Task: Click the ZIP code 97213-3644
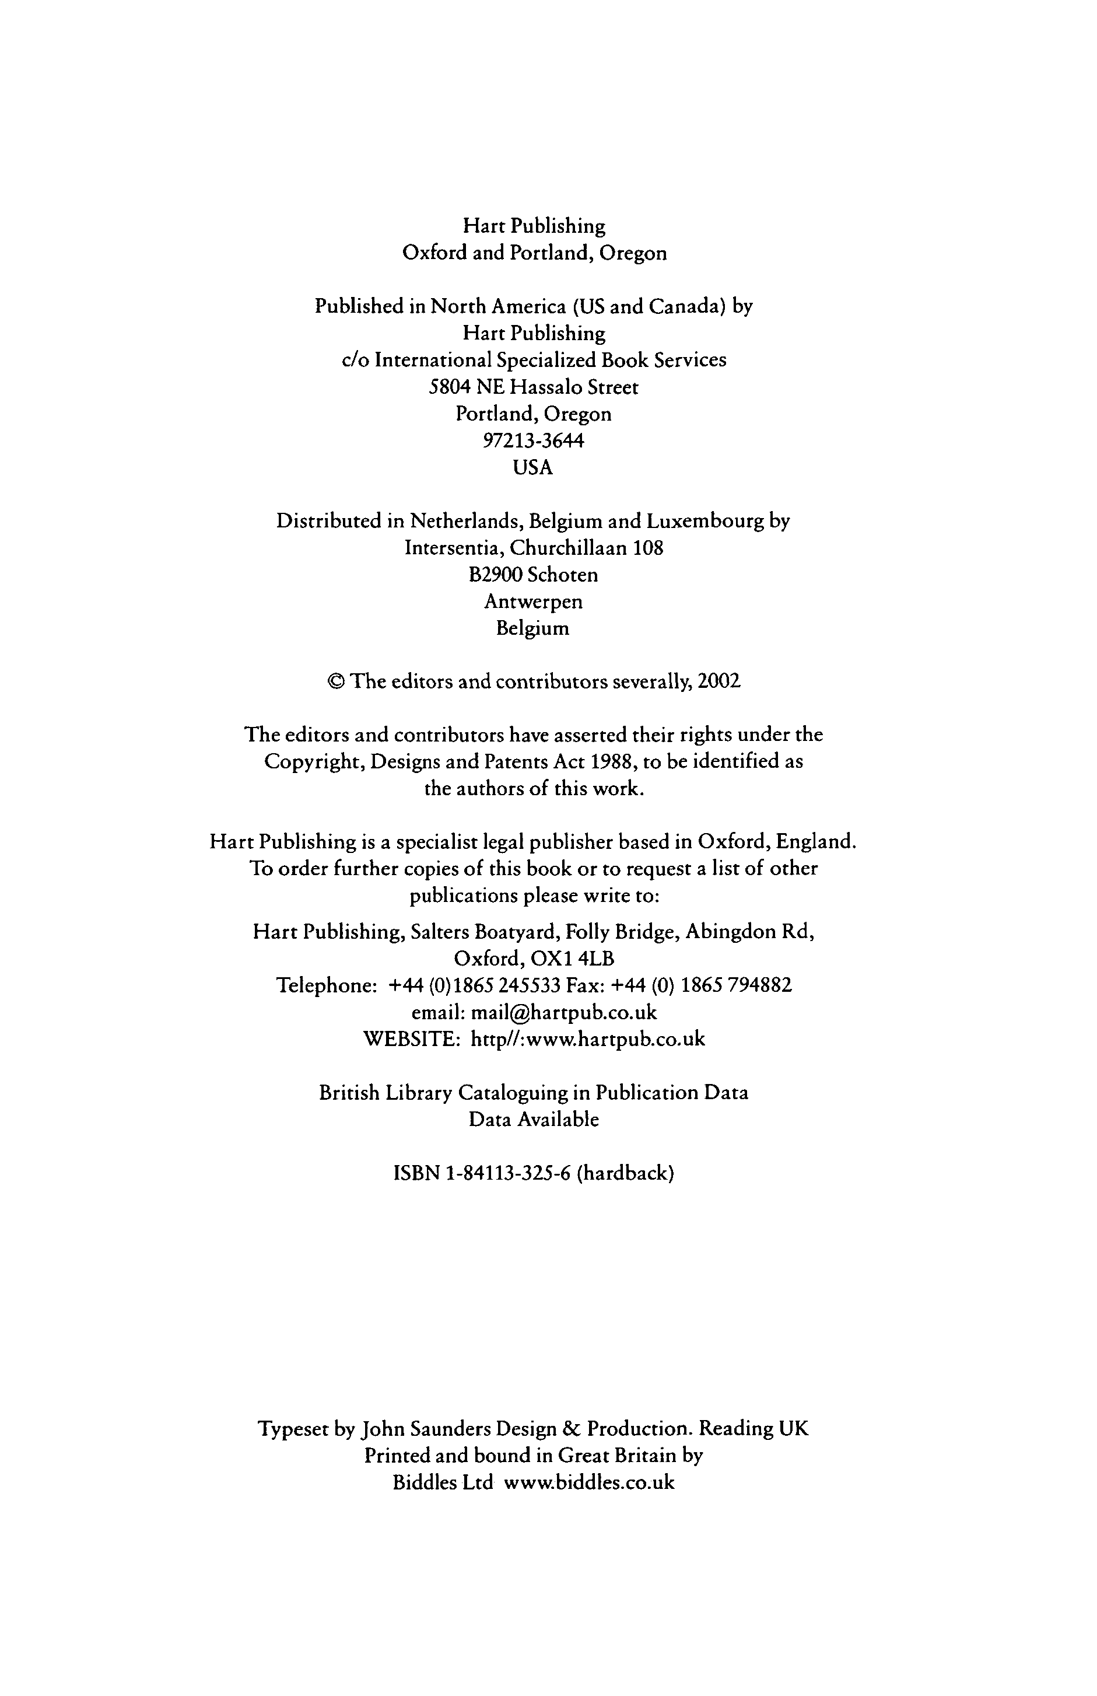[534, 441]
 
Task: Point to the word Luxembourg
[705, 522]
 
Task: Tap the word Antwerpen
[534, 602]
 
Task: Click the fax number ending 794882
[737, 985]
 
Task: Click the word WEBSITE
[411, 1039]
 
